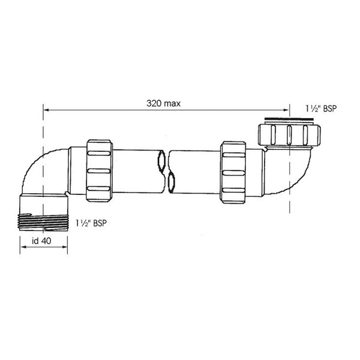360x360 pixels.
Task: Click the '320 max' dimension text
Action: point(163,103)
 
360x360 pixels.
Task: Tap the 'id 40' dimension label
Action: point(41,241)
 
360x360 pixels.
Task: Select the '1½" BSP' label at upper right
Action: point(321,109)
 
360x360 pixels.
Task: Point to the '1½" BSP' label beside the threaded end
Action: point(91,223)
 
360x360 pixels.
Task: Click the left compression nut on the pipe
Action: point(100,171)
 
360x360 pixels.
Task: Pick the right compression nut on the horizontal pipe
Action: point(233,172)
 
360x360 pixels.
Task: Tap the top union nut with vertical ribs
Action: point(289,135)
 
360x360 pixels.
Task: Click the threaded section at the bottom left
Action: point(43,222)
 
